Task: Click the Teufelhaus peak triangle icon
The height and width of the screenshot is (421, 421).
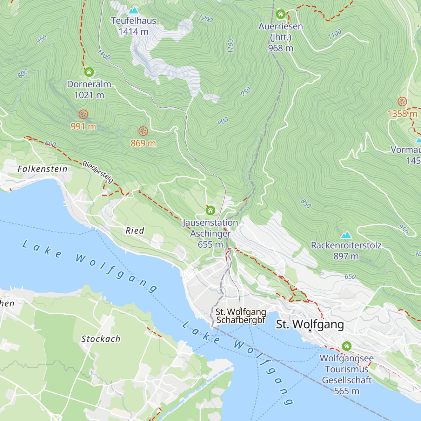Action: point(133,11)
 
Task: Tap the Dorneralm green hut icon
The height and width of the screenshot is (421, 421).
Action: point(89,72)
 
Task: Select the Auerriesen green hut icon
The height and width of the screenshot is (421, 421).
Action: point(280,14)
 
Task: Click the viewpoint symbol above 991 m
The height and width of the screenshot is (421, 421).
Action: point(83,114)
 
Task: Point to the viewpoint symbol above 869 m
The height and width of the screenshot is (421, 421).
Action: point(143,131)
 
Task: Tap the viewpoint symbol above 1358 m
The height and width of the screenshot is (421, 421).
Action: point(402,102)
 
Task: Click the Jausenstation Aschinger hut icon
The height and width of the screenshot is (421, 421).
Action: point(210,210)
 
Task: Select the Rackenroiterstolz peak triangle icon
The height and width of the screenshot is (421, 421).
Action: point(346,235)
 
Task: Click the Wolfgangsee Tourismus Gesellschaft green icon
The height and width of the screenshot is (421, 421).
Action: point(347,346)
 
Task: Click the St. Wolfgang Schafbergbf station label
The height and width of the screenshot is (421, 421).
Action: point(241,316)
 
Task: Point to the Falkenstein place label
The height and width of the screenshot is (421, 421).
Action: point(42,169)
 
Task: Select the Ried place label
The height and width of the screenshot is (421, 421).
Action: point(135,230)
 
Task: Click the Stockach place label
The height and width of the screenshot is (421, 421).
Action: point(101,339)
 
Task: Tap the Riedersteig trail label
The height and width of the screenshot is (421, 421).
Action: point(98,172)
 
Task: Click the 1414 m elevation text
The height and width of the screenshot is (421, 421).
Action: point(133,32)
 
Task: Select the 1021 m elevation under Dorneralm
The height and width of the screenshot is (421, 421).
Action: point(89,95)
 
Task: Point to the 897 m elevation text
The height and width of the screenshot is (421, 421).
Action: point(346,256)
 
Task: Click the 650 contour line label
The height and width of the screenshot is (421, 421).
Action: point(350,276)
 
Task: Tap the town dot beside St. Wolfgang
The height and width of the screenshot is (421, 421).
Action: point(310,330)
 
